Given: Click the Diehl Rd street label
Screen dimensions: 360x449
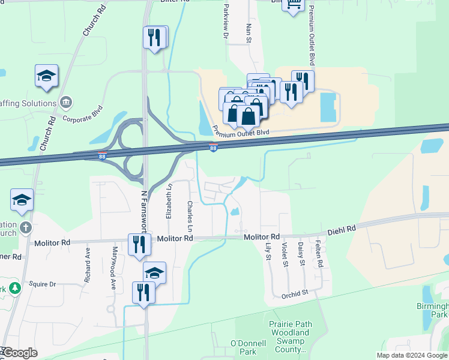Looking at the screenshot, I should coord(342,229).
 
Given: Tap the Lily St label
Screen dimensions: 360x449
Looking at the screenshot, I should coord(268,251).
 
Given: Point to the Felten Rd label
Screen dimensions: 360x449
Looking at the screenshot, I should coord(320,253).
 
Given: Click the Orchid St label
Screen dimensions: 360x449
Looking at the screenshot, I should coord(294,293).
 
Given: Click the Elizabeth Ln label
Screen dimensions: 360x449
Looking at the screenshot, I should coord(170,200).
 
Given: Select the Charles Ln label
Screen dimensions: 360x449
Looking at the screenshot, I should coord(190,217).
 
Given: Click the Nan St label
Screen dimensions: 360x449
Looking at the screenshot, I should coord(249,34).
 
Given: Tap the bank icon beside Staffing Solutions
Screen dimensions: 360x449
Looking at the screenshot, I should coord(66,103).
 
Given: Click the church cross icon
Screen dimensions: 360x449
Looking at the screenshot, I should coord(25,227).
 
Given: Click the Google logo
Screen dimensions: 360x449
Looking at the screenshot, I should coord(19,353).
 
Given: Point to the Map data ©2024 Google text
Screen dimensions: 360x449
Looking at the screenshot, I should coord(411,355).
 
